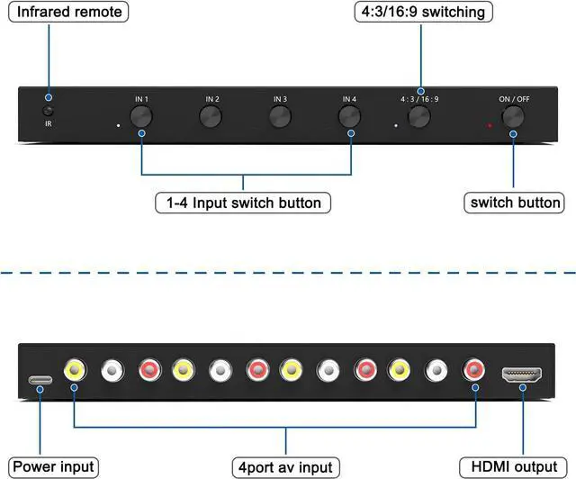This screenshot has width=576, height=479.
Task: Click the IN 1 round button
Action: point(141,116)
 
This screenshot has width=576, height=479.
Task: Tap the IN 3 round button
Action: point(280,116)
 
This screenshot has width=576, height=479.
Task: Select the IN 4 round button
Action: point(350,116)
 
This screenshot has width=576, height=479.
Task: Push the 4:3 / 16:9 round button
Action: point(419,116)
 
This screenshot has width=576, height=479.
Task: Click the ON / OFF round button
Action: point(513,116)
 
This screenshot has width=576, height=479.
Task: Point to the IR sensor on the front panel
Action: point(48,111)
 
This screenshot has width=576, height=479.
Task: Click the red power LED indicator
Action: point(490,126)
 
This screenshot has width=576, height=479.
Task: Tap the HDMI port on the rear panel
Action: point(522,375)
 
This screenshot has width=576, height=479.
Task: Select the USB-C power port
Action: point(40,380)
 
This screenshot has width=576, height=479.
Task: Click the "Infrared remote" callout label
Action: point(68,12)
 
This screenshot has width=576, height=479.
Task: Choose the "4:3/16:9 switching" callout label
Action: point(423,12)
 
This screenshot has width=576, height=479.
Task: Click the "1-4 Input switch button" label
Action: point(243,203)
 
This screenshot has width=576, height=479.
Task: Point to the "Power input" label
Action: point(53,467)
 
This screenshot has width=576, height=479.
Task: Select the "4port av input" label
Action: point(286,467)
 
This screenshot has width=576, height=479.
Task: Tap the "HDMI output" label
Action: point(514,467)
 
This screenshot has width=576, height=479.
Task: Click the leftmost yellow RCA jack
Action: point(75,370)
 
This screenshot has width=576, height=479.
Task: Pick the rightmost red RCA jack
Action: point(473,370)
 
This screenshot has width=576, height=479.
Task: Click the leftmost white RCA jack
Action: point(112,370)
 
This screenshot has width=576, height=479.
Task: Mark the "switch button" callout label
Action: point(514,203)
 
